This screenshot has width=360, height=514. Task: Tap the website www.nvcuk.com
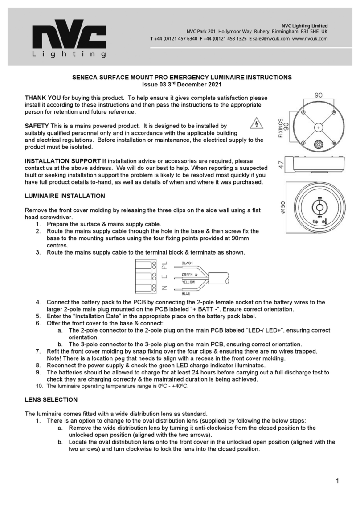pos(310,39)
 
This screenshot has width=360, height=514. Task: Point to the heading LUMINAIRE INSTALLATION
pos(65,196)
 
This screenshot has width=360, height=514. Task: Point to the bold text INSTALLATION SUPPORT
pos(63,161)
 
